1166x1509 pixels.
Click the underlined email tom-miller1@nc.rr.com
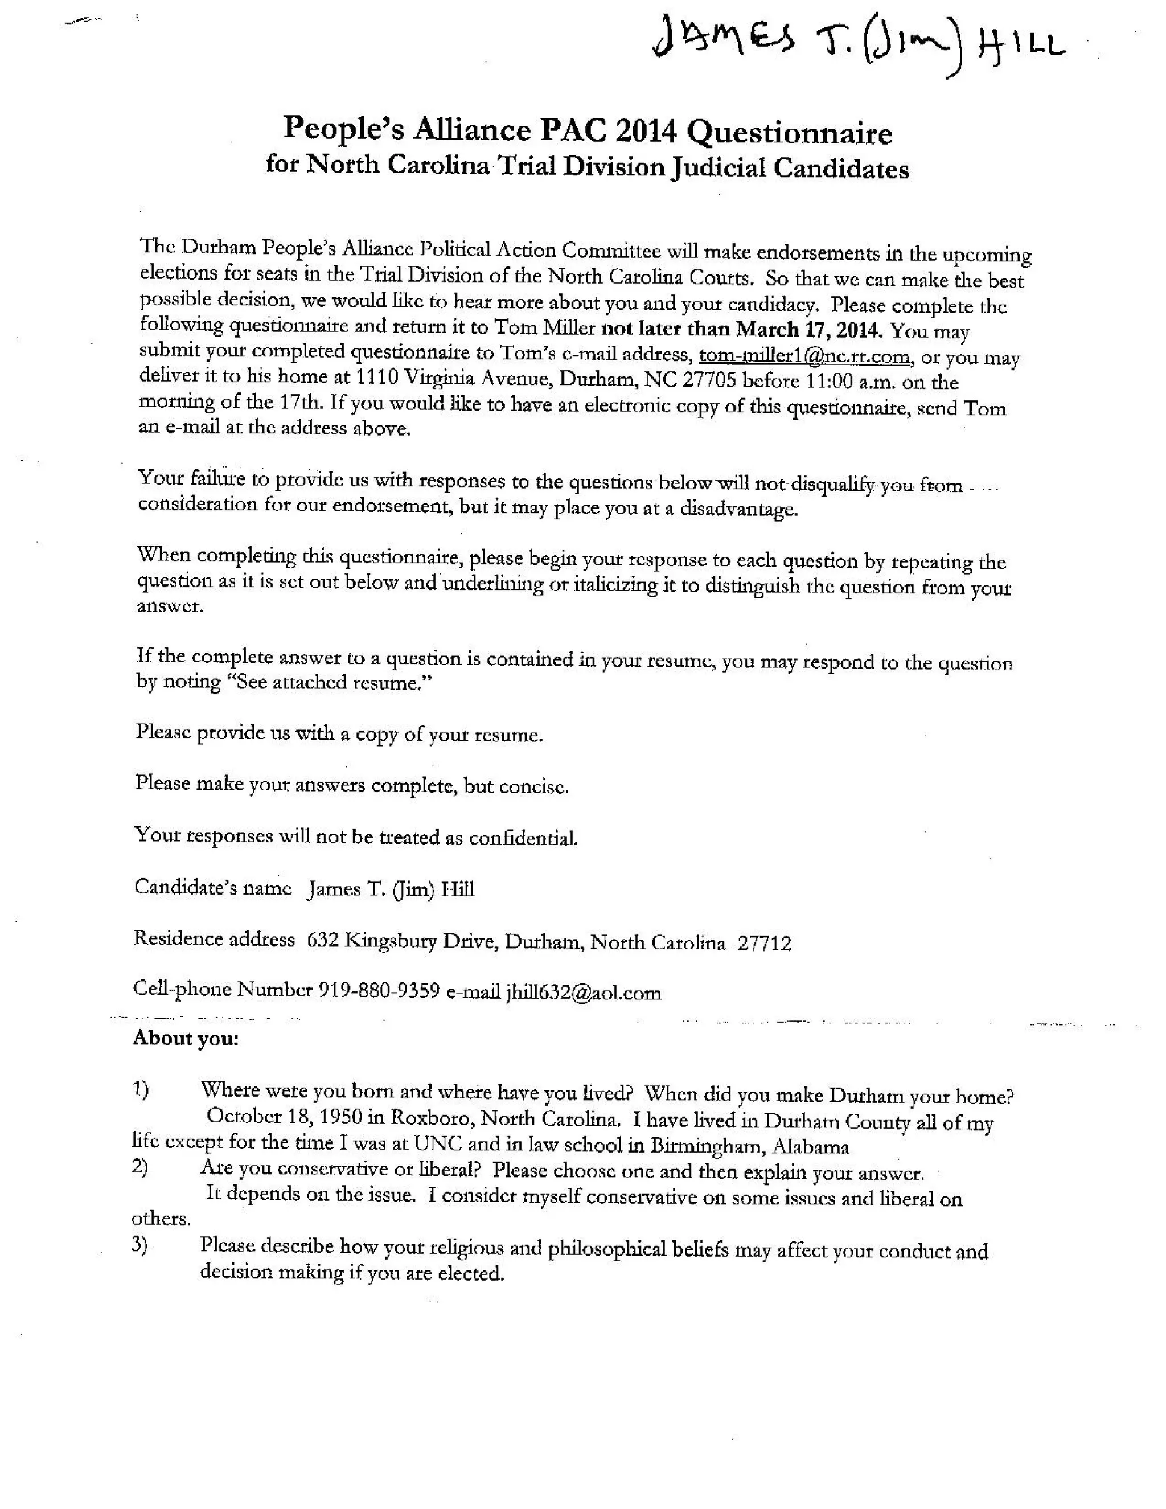tap(804, 356)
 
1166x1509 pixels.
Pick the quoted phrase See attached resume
tap(329, 683)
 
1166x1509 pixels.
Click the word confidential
tap(523, 839)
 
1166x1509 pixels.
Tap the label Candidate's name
tap(213, 888)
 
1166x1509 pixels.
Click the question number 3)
tap(139, 1245)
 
